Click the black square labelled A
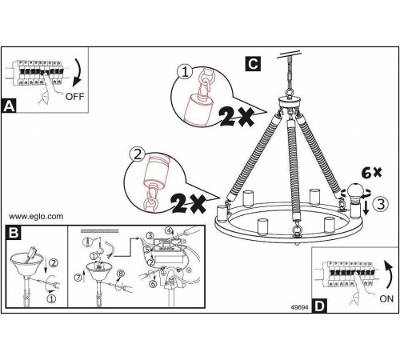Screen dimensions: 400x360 (9, 106)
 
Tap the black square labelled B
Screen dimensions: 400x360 (14, 232)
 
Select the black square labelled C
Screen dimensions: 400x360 (253, 64)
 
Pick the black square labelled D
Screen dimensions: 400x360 (319, 306)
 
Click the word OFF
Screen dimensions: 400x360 (75, 96)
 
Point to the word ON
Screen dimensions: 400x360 (386, 298)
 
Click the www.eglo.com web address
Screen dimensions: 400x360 (36, 216)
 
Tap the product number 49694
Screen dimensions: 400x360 (299, 307)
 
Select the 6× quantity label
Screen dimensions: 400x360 (371, 173)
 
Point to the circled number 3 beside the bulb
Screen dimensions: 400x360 (381, 204)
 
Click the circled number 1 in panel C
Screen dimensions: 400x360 (185, 72)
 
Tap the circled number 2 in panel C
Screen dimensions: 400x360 (137, 154)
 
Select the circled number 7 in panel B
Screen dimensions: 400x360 (78, 278)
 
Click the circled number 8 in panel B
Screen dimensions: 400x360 (121, 274)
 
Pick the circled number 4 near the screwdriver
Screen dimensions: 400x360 (169, 230)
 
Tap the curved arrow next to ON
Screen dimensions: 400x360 (390, 274)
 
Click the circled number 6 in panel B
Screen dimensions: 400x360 (153, 284)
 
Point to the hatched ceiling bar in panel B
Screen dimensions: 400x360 (100, 230)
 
